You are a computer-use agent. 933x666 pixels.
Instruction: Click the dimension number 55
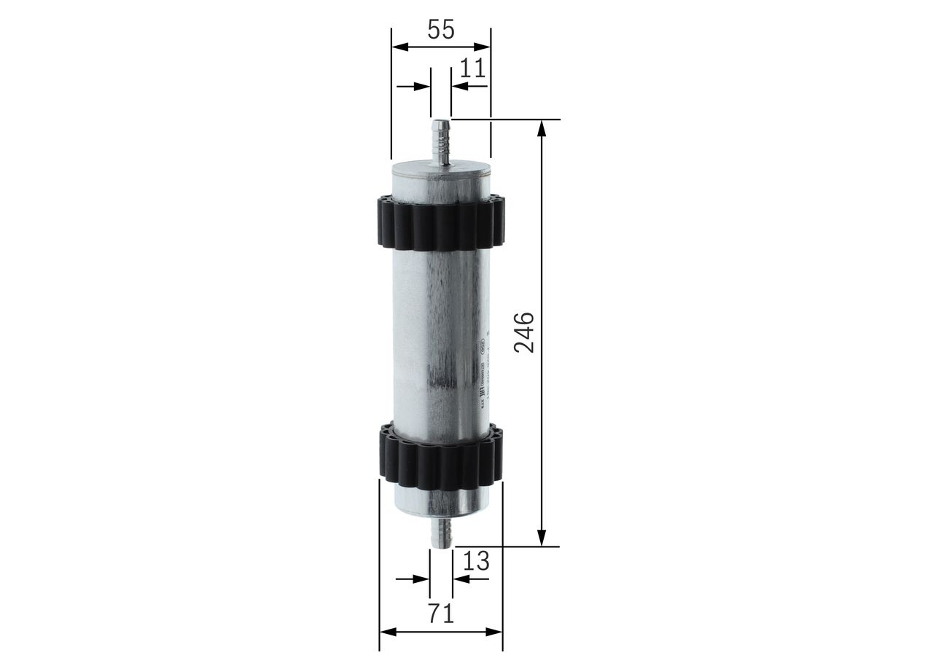[x=440, y=30]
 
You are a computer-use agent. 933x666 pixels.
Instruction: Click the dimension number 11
[x=472, y=68]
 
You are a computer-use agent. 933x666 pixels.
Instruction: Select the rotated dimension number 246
[x=524, y=332]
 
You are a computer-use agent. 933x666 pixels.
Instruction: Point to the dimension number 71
[x=440, y=614]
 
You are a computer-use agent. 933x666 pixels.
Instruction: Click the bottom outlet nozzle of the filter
[x=441, y=531]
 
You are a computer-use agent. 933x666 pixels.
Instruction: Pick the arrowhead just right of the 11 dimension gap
[x=458, y=85]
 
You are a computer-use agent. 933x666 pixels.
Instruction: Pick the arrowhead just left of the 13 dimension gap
[x=422, y=579]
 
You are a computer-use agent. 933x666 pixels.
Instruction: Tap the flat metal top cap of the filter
[x=440, y=171]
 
